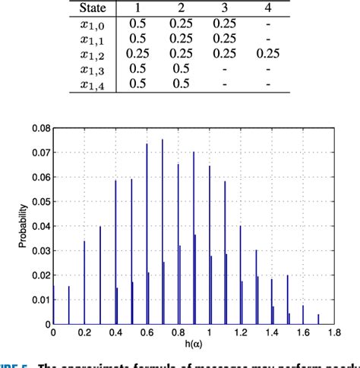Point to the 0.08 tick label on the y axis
click(39, 129)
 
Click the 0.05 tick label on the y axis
click(39, 202)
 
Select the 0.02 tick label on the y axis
click(39, 275)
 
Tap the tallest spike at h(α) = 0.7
click(162, 228)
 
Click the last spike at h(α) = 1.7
click(318, 319)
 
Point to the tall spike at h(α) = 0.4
click(115, 250)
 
